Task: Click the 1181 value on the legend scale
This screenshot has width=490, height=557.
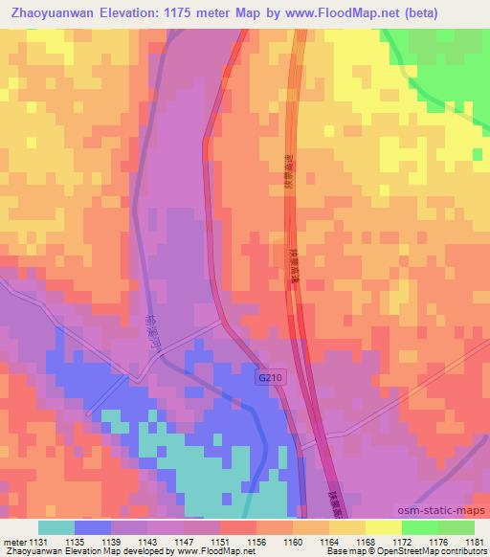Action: [x=474, y=541]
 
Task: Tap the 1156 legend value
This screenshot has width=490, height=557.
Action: [x=256, y=541]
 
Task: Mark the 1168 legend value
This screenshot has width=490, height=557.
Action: [x=365, y=541]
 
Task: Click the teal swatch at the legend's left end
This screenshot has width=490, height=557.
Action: [x=56, y=527]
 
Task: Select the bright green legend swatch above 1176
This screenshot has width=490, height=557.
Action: [x=420, y=527]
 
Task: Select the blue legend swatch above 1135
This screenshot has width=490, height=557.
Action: [x=93, y=527]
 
